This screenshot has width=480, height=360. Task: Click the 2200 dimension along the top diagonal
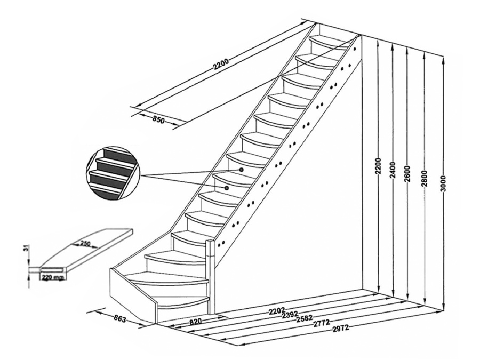tap(221, 64)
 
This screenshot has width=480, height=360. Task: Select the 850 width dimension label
tap(158, 120)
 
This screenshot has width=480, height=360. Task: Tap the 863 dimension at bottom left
tap(119, 318)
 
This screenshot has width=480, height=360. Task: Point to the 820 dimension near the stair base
tap(195, 322)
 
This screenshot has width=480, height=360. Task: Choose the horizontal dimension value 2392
tap(290, 315)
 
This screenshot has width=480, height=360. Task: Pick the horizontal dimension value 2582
tap(305, 319)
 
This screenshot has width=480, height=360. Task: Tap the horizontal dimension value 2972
tap(340, 328)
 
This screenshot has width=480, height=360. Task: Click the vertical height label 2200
tap(378, 166)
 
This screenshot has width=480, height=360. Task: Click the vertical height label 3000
tap(444, 183)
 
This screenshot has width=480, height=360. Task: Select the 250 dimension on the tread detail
tap(85, 244)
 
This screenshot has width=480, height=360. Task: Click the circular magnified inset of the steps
tap(113, 173)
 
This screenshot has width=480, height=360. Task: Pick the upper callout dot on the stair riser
tap(241, 169)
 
